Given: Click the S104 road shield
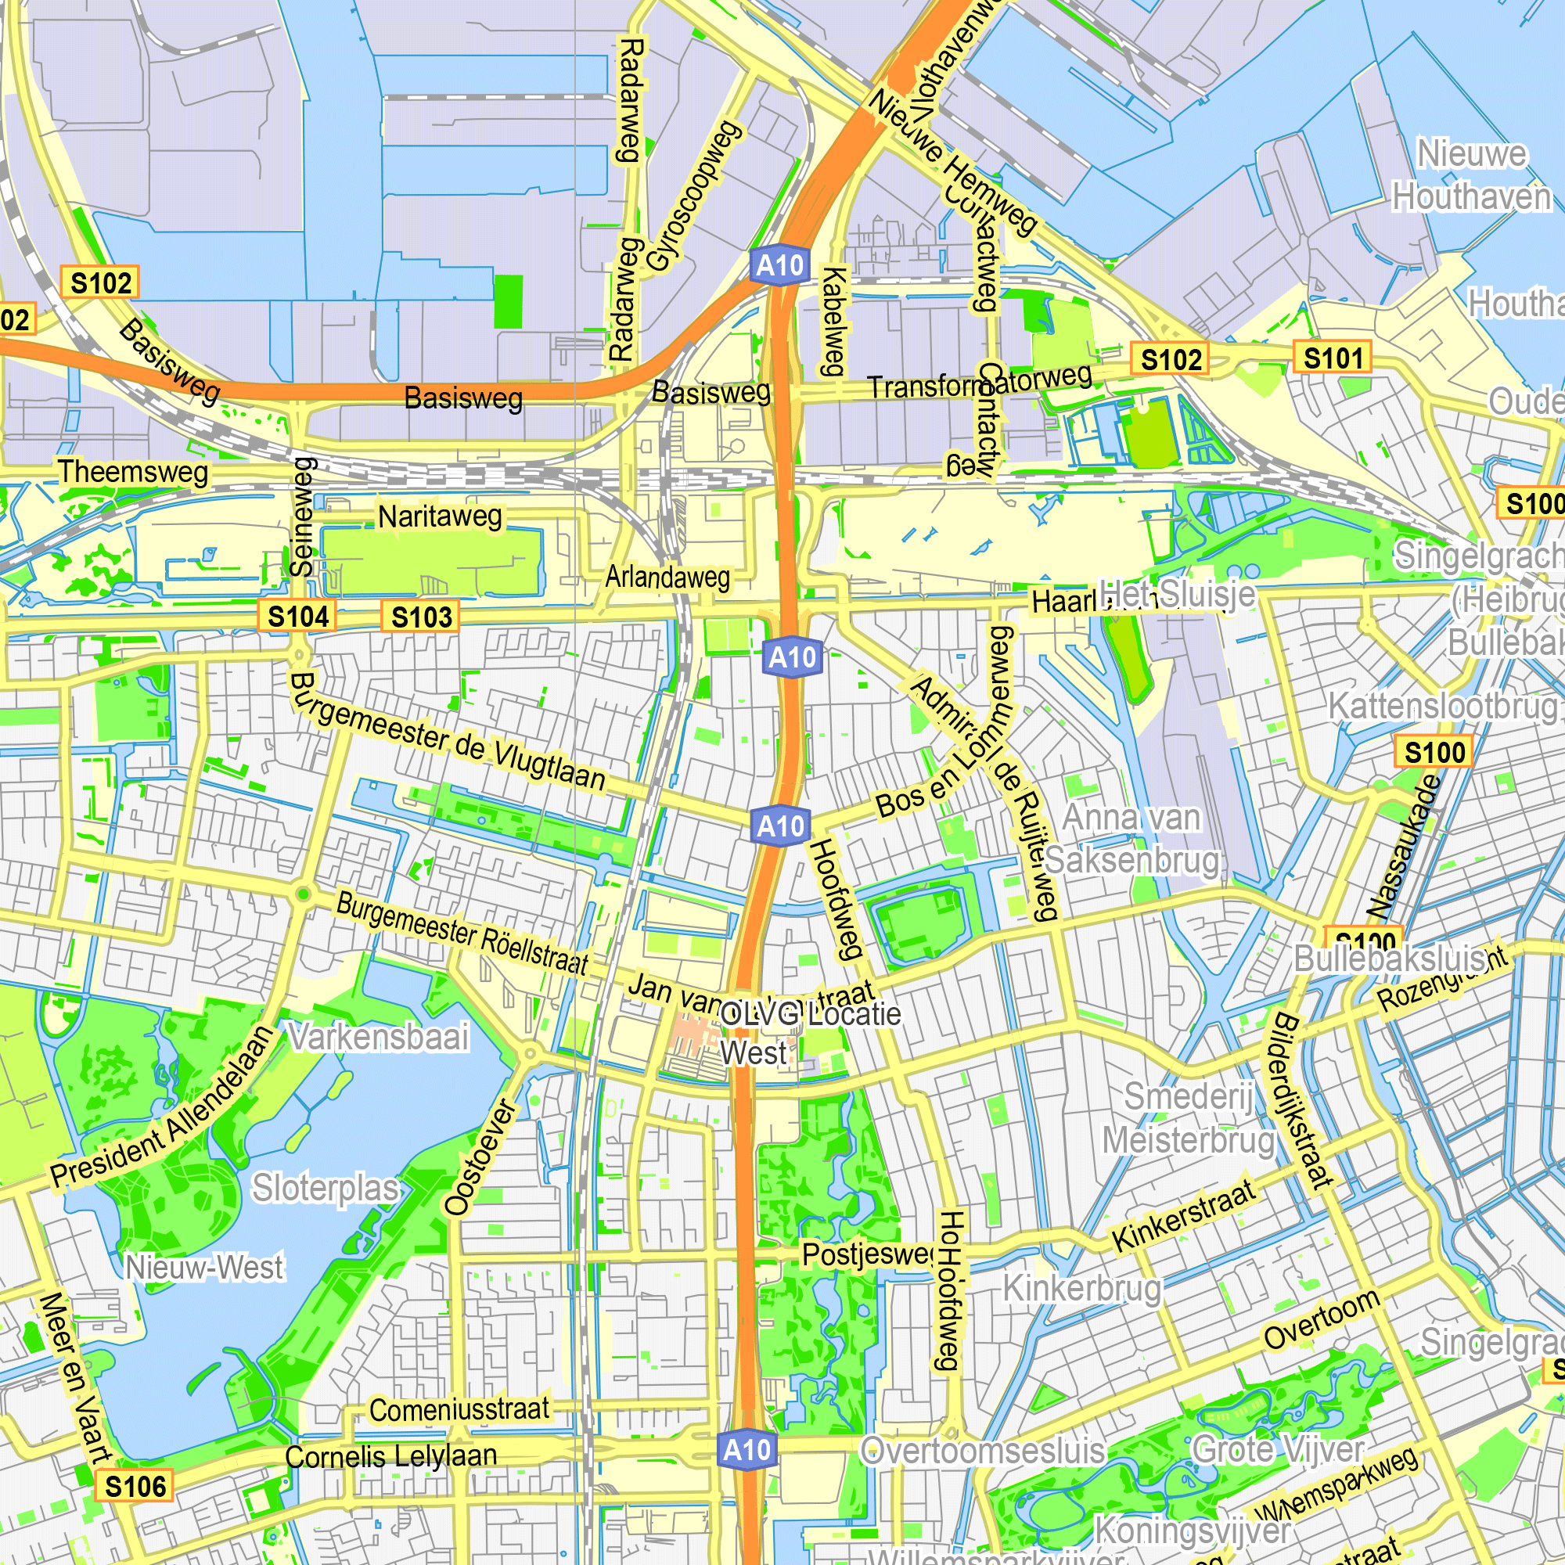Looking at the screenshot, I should click(x=297, y=617).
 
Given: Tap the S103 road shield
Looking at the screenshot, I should click(x=421, y=617).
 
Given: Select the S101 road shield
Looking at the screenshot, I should click(x=1332, y=358).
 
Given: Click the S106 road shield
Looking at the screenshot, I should click(x=135, y=1487).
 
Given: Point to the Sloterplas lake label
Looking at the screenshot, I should click(x=326, y=1189).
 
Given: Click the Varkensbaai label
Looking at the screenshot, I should click(x=379, y=1037).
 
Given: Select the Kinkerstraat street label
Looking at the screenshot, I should click(x=1183, y=1215).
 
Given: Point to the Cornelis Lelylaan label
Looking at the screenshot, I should click(x=391, y=1455).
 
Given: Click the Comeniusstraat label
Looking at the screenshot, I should click(x=459, y=1409).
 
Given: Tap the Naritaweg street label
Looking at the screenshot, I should click(x=441, y=516).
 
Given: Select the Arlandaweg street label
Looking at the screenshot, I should click(x=667, y=577).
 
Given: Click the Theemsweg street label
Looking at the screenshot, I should click(x=133, y=471).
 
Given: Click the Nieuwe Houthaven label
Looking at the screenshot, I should click(x=1470, y=175).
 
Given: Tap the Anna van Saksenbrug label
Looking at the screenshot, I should click(x=1131, y=839).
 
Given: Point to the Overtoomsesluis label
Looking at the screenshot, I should click(x=982, y=1451).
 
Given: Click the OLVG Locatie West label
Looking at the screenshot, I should click(x=809, y=1034).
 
